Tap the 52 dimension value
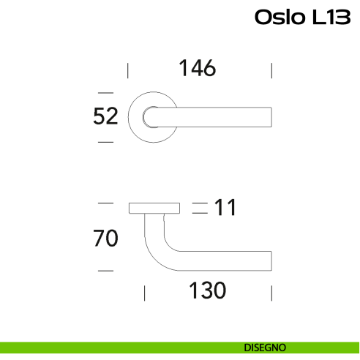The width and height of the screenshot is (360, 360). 106,116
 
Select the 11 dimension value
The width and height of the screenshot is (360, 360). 225,209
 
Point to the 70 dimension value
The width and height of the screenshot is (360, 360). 105,239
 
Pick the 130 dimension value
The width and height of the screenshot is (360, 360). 206,290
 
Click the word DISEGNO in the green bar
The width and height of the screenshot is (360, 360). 266,348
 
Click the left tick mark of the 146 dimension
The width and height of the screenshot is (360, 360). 128,70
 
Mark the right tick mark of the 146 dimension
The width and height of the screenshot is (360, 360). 271,70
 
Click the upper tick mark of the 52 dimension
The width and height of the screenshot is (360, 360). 105,93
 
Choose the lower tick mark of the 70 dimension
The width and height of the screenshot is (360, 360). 105,271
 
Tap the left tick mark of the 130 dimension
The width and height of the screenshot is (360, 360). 145,293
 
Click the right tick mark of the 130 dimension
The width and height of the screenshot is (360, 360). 271,293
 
